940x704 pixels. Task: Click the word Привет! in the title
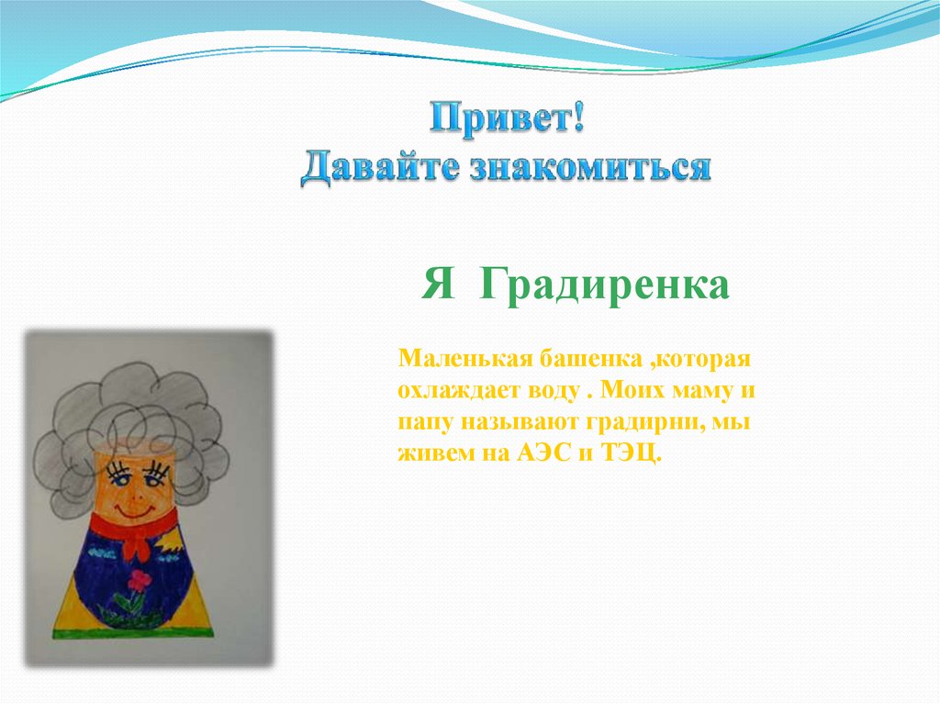[x=507, y=117]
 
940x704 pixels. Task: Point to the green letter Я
[x=438, y=283]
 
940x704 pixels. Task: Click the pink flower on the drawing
[x=140, y=580]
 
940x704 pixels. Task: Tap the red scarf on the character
[x=137, y=528]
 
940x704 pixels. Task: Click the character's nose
[x=136, y=494]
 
